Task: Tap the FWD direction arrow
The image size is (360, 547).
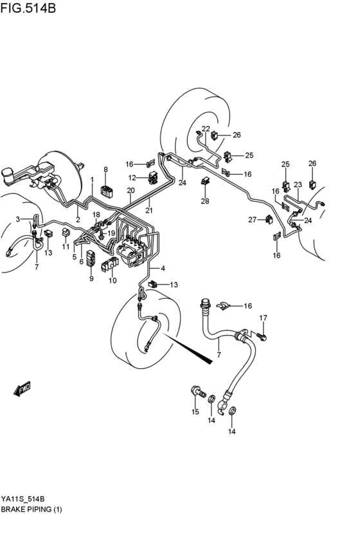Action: (22, 389)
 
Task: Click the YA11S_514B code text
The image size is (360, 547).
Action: (27, 499)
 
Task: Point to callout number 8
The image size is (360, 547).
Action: (105, 170)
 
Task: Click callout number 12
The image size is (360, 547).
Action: (132, 177)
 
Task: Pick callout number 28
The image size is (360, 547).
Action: (205, 202)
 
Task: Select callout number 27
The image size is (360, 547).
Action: (253, 220)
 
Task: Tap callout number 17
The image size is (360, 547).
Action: (263, 318)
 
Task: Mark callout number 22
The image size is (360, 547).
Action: (206, 129)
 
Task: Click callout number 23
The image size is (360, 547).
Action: (298, 185)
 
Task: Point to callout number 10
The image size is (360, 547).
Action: (113, 280)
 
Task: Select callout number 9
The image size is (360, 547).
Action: (91, 278)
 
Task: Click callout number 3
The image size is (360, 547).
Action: (19, 219)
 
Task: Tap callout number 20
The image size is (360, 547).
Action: (130, 191)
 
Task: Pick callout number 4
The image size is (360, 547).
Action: (163, 268)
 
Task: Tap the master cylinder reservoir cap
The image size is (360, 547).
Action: (9, 174)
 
